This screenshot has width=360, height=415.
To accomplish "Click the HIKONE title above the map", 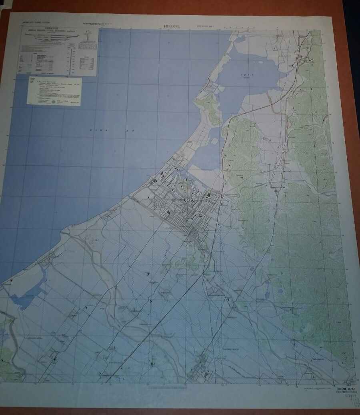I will tap(172, 26).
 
